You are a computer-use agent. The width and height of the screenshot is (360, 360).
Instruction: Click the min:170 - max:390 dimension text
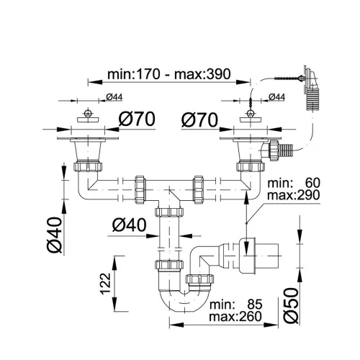[x=169, y=74]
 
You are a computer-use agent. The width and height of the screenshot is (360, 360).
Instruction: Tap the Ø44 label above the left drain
[x=114, y=97]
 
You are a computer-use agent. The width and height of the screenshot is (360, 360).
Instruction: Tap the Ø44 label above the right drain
[x=276, y=97]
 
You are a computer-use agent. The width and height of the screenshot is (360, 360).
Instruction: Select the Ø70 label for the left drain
[x=137, y=119]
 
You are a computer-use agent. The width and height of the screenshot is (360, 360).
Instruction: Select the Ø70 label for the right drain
[x=199, y=120]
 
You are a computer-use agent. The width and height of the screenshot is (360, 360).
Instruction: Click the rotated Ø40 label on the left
[x=55, y=235]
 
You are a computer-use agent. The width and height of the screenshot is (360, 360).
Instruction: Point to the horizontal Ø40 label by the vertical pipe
[x=129, y=225]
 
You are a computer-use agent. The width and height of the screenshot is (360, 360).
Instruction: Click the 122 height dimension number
[x=105, y=284]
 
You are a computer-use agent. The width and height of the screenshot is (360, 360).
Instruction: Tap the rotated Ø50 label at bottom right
[x=291, y=305]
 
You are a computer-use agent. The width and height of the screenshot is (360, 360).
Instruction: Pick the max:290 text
[x=294, y=195]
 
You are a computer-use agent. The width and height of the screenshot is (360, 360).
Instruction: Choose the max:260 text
[x=235, y=317]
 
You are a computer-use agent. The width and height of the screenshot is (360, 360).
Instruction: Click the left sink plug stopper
[x=88, y=117]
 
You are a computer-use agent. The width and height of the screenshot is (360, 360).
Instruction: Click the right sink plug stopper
[x=251, y=117]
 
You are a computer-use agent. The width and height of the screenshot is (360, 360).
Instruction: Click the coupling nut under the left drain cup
[x=88, y=167]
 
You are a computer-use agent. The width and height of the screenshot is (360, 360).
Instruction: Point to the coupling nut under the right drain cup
[x=251, y=167]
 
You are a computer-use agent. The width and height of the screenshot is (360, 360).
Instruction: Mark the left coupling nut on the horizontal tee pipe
[x=140, y=190]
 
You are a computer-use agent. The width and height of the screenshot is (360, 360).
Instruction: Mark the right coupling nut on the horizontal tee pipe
[x=199, y=190]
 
